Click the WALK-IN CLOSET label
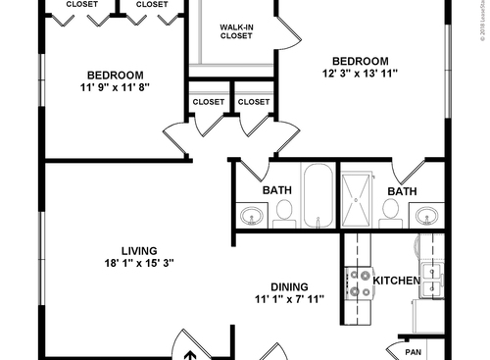[x=235, y=30]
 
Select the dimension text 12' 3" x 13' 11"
[x=360, y=73]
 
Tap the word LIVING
[x=139, y=250]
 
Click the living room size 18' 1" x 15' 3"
[x=139, y=262]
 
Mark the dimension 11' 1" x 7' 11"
[x=290, y=298]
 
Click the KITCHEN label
[x=397, y=282]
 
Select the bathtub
[x=318, y=196]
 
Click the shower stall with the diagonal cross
[x=358, y=199]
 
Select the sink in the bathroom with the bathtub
[x=253, y=214]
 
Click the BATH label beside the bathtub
[x=276, y=190]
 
